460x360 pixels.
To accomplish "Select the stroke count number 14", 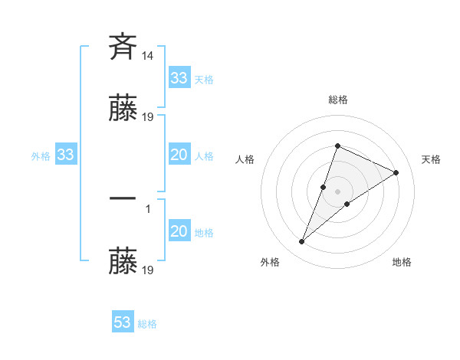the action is [149, 56].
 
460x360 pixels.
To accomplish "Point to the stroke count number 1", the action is [148, 208].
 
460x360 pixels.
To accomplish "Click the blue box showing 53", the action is [123, 322].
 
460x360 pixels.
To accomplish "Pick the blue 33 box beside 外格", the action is [66, 155].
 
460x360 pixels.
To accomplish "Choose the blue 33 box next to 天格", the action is [179, 78].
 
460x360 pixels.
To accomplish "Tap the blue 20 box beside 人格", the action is [179, 155].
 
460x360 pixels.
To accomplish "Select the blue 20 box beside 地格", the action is [179, 232].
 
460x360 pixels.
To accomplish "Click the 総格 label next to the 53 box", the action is [147, 324].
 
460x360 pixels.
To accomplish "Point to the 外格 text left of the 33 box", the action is [41, 156].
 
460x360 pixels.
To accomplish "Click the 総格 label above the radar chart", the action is [338, 100].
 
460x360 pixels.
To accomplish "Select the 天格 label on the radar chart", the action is [432, 159].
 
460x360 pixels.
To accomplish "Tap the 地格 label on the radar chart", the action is [402, 262].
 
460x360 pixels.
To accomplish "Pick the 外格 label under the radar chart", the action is [270, 262].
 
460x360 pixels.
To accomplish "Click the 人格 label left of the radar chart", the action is [245, 159].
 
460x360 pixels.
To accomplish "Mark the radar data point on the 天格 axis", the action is [396, 172].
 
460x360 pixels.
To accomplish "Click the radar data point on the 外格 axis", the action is [302, 242].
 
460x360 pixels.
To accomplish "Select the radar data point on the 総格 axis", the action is [338, 146].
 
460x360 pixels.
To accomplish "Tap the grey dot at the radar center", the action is [338, 191].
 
